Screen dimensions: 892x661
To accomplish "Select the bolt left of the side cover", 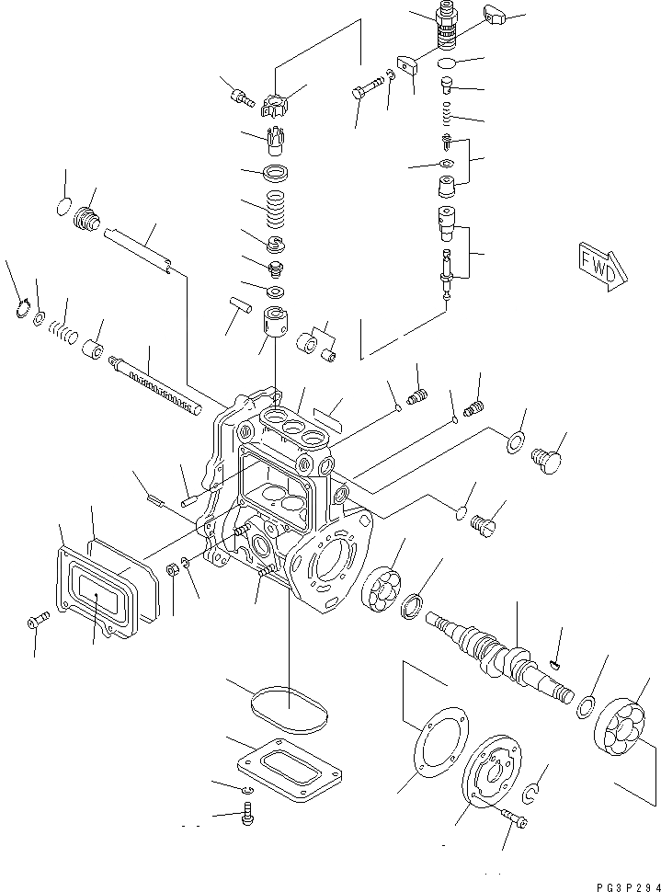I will click(34, 623).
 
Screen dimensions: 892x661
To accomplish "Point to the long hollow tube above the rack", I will click(138, 249).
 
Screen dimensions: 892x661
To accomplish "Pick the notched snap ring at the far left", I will click(23, 310).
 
